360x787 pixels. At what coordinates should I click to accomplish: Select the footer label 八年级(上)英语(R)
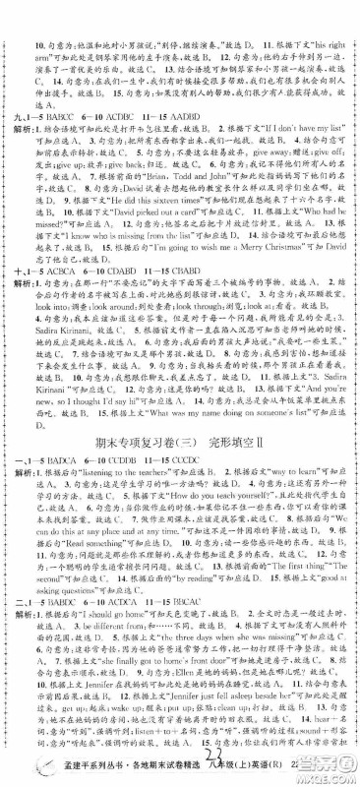coord(270,767)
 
